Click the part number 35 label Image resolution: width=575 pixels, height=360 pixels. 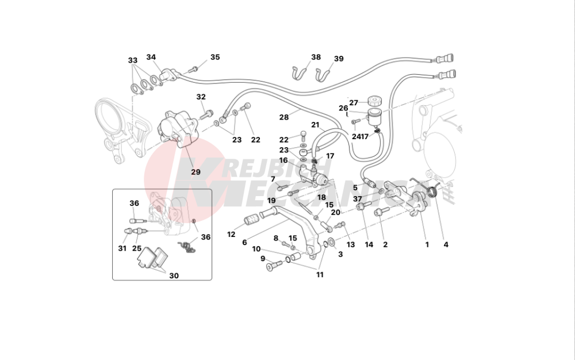[215, 57]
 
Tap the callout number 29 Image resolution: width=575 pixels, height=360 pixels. [196, 172]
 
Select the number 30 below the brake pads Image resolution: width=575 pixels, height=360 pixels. [174, 275]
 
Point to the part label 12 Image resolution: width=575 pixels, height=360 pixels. [231, 234]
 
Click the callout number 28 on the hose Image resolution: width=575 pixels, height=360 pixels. [284, 117]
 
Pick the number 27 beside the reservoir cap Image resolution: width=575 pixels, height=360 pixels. [354, 103]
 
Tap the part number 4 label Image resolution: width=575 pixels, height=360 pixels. [446, 244]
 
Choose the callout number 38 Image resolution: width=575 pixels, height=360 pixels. [316, 57]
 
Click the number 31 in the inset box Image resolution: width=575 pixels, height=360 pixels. [122, 248]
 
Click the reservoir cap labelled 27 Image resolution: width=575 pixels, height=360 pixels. [374, 101]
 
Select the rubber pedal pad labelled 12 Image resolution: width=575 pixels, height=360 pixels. [252, 222]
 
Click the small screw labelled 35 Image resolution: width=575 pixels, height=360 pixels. [194, 69]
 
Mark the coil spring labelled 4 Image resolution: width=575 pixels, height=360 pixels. [433, 191]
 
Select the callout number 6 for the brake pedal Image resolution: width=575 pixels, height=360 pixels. [244, 243]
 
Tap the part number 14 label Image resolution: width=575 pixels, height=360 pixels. [369, 244]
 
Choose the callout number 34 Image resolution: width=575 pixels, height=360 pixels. [151, 57]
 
